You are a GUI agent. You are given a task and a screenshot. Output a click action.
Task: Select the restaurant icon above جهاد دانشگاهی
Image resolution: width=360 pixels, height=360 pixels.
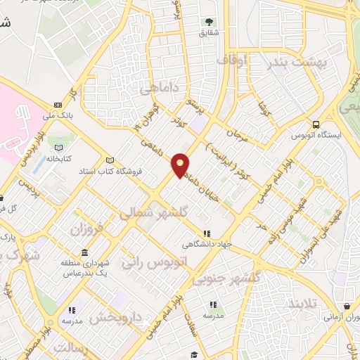[x=207, y=233]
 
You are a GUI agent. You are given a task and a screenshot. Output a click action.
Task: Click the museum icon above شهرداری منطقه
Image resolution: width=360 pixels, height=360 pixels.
[x=84, y=252]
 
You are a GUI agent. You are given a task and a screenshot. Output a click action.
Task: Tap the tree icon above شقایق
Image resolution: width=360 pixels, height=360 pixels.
[x=209, y=22]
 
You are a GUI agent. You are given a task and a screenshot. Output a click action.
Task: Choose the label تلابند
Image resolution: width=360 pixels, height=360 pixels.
[x=304, y=303]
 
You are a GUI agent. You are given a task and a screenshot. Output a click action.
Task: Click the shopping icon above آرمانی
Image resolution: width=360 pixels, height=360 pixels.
[x=349, y=307]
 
